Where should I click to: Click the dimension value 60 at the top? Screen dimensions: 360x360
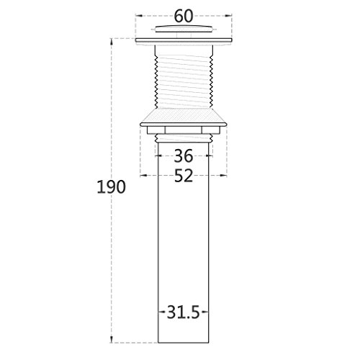(184, 17)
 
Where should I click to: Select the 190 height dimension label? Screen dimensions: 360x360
(111, 186)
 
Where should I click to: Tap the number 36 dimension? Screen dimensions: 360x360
(184, 156)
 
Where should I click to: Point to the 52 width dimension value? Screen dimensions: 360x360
(184, 176)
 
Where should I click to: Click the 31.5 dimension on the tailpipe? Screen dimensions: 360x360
(184, 312)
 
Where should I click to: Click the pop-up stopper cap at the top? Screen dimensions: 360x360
(184, 29)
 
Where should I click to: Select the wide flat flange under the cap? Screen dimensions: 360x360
(184, 41)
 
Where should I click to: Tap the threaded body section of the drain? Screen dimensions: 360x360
(184, 76)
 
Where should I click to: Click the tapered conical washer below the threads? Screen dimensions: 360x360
(184, 117)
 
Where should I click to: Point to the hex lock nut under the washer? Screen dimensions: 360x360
(184, 130)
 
